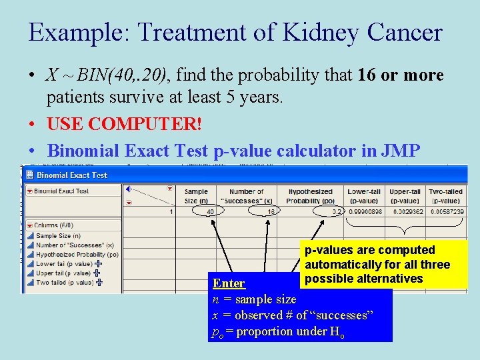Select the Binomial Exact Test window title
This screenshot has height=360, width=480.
71,175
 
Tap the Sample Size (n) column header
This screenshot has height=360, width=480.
196,196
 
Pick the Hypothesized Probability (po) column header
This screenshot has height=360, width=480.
311,196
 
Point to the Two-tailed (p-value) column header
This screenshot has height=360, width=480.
446,196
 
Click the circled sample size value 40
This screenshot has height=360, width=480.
210,211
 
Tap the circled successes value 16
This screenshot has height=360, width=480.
270,211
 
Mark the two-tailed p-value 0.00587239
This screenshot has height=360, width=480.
447,211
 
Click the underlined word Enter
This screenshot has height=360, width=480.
229,283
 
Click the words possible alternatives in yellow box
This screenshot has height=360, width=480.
364,279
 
